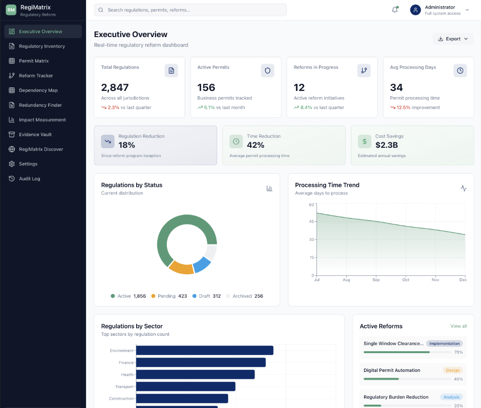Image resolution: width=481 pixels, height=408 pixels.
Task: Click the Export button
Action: pos(453,39)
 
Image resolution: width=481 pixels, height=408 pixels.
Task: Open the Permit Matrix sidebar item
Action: pos(34,61)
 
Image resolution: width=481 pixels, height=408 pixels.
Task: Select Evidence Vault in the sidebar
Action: pos(35,135)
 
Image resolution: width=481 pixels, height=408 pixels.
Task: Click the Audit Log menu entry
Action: pos(29,178)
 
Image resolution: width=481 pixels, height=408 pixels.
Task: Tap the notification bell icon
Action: pos(395,10)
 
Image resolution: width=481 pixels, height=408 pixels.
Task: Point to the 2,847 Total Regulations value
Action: pos(115,88)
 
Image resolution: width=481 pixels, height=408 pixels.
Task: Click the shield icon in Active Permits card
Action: pos(267,71)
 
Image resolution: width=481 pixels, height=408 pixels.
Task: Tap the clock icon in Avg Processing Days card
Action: pos(460,71)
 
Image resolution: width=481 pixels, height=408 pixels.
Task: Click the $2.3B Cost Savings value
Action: pos(387,145)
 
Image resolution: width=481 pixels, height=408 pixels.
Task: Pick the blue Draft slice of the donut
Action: pos(202,264)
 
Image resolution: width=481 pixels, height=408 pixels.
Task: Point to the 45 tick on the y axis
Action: pos(311,222)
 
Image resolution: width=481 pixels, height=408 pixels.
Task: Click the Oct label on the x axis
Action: pos(406,280)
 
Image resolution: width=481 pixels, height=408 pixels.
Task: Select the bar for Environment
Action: pos(204,351)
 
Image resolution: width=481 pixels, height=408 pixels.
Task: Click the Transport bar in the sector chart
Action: pos(186,387)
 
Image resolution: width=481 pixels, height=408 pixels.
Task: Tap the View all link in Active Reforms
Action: pos(458,326)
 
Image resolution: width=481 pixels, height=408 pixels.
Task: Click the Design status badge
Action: pos(453,370)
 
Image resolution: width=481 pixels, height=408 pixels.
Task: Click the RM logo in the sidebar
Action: pos(11,10)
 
